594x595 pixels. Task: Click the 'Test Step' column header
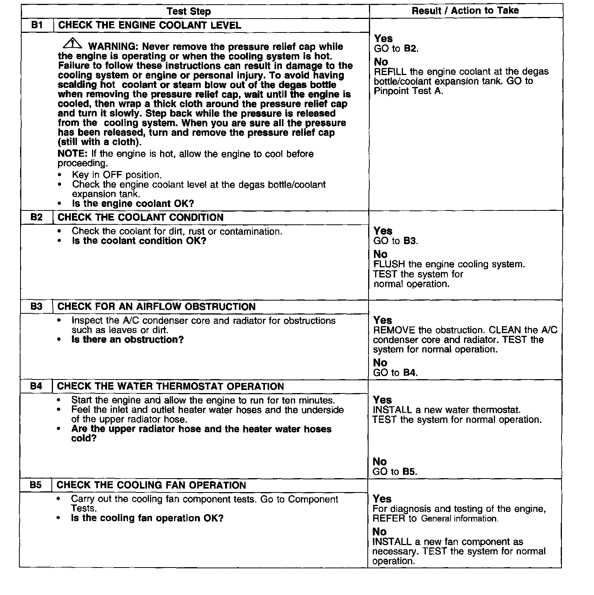[189, 11]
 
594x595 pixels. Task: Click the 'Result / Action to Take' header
[465, 10]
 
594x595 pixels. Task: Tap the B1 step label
[37, 26]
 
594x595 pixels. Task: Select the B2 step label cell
[36, 217]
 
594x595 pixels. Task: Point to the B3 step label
[36, 307]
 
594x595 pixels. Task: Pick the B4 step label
[36, 386]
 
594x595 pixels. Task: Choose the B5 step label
[36, 485]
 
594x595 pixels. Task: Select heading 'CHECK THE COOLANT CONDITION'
[140, 217]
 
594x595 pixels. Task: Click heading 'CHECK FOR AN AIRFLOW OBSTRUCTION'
[156, 307]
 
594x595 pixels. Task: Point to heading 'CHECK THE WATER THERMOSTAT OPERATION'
[170, 386]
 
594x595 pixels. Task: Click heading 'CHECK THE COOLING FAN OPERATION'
[151, 485]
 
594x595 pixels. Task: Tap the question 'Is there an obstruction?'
[128, 340]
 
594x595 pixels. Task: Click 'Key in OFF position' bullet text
[117, 175]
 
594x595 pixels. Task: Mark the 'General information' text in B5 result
[459, 519]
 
